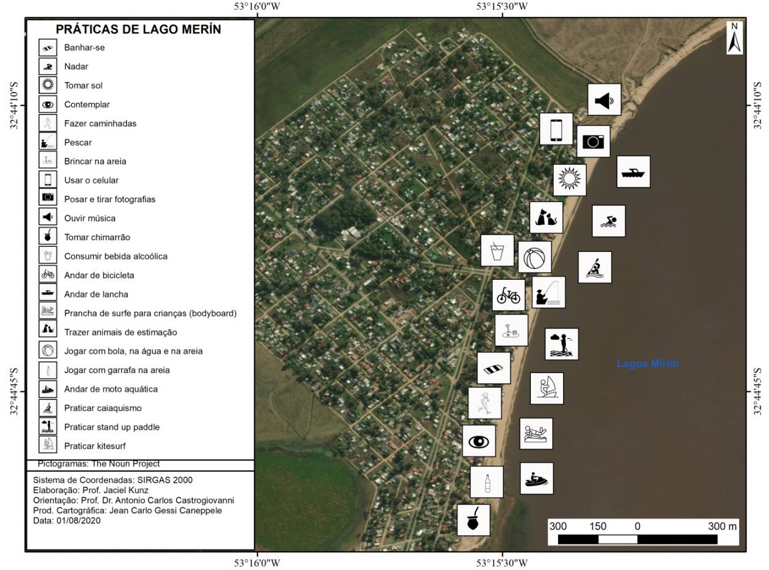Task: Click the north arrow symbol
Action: click(734, 38)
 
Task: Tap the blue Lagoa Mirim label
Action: click(647, 364)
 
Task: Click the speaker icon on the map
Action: click(604, 99)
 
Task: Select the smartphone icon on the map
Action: click(556, 129)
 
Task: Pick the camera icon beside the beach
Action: click(593, 141)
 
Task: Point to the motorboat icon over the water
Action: click(633, 172)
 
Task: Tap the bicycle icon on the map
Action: click(508, 296)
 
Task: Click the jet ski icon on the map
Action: click(536, 479)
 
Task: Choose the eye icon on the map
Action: click(478, 441)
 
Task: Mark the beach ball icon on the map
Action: click(535, 257)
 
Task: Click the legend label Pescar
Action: click(78, 142)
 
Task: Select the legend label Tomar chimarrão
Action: click(97, 237)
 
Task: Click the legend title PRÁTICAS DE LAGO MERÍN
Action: click(138, 29)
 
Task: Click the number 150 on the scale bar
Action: click(598, 526)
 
